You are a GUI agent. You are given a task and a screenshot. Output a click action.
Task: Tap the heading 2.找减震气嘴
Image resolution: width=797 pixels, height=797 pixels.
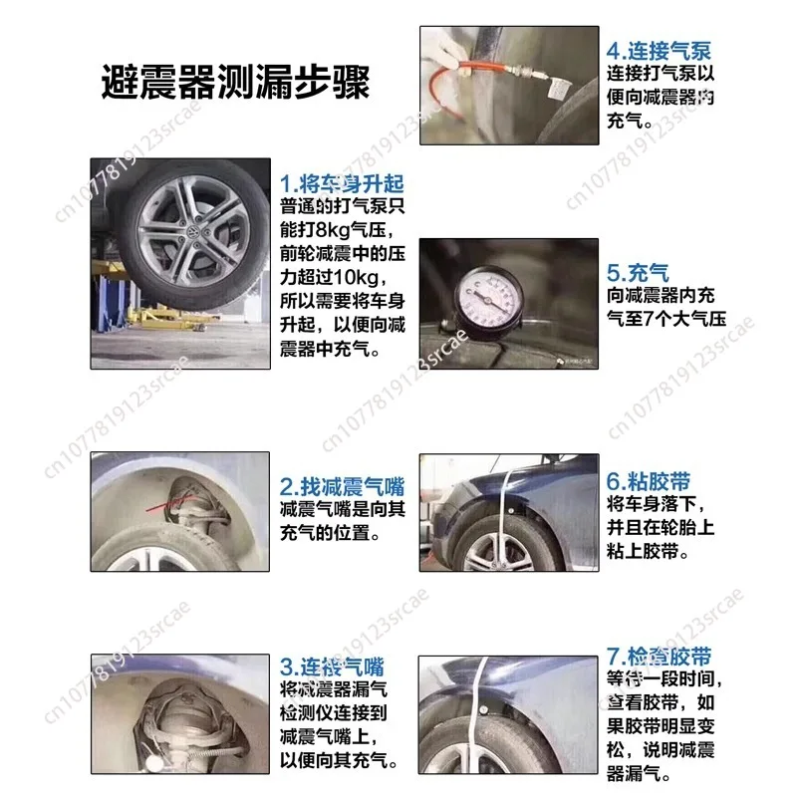coord(342,487)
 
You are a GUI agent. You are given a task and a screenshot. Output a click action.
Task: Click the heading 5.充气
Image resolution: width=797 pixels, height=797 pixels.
coord(638,272)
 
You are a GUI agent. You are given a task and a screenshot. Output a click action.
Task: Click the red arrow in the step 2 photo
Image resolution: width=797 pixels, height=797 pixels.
coord(160,509)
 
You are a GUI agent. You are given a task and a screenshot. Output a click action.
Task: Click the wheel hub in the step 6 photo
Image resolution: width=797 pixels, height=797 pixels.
coord(495,552)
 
